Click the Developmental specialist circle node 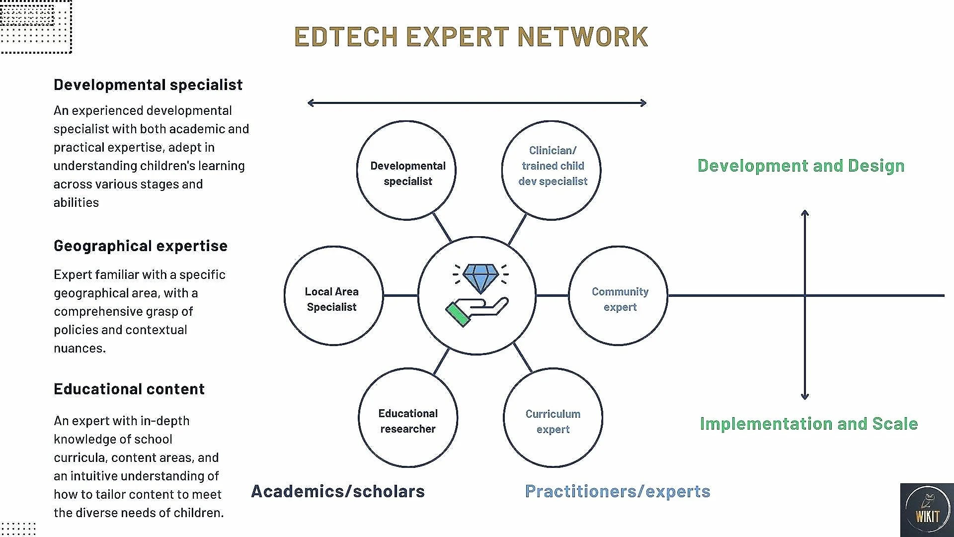pos(406,171)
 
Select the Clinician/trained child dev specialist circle pos(552,171)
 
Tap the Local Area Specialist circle pos(333,296)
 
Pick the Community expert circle pos(618,296)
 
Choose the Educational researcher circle pos(408,418)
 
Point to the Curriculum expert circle pos(553,418)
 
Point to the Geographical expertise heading pos(141,246)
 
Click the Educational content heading pos(129,389)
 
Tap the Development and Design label pos(801,166)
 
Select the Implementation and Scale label pos(809,424)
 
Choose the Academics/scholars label pos(338,491)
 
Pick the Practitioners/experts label pos(618,491)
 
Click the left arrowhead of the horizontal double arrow pos(310,103)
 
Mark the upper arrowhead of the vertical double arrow pos(805,213)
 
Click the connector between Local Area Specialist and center pos(400,296)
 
